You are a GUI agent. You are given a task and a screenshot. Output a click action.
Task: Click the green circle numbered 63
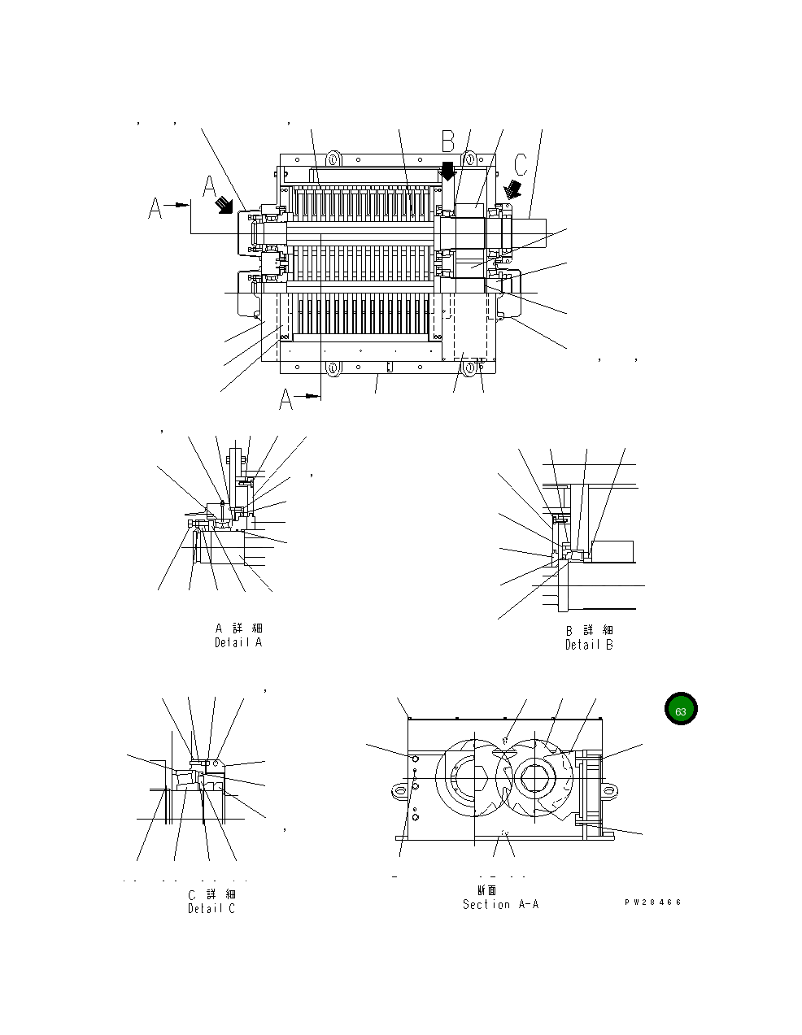click(x=681, y=711)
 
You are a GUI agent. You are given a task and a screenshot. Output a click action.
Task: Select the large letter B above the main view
click(x=448, y=141)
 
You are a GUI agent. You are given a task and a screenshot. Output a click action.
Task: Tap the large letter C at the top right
click(x=521, y=164)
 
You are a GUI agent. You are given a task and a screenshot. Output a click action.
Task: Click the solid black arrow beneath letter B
click(x=447, y=171)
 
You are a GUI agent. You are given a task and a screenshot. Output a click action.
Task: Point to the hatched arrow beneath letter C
click(x=514, y=189)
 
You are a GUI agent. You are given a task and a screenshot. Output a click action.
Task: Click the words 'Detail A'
click(x=238, y=642)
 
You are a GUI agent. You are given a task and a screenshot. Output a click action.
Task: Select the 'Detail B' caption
click(x=589, y=645)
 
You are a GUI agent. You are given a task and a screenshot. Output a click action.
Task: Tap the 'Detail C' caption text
click(x=211, y=908)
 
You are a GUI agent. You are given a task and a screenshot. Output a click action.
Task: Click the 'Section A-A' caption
click(x=500, y=904)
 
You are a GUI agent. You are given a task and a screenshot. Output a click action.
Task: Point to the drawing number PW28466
click(x=652, y=902)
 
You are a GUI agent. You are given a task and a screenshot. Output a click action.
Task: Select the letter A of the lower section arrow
click(x=286, y=399)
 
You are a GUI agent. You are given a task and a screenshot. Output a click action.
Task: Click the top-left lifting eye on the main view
click(x=333, y=157)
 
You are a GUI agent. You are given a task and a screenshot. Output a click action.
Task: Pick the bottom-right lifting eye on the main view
click(x=470, y=368)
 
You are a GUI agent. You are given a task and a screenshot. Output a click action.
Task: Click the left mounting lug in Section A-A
click(x=399, y=789)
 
